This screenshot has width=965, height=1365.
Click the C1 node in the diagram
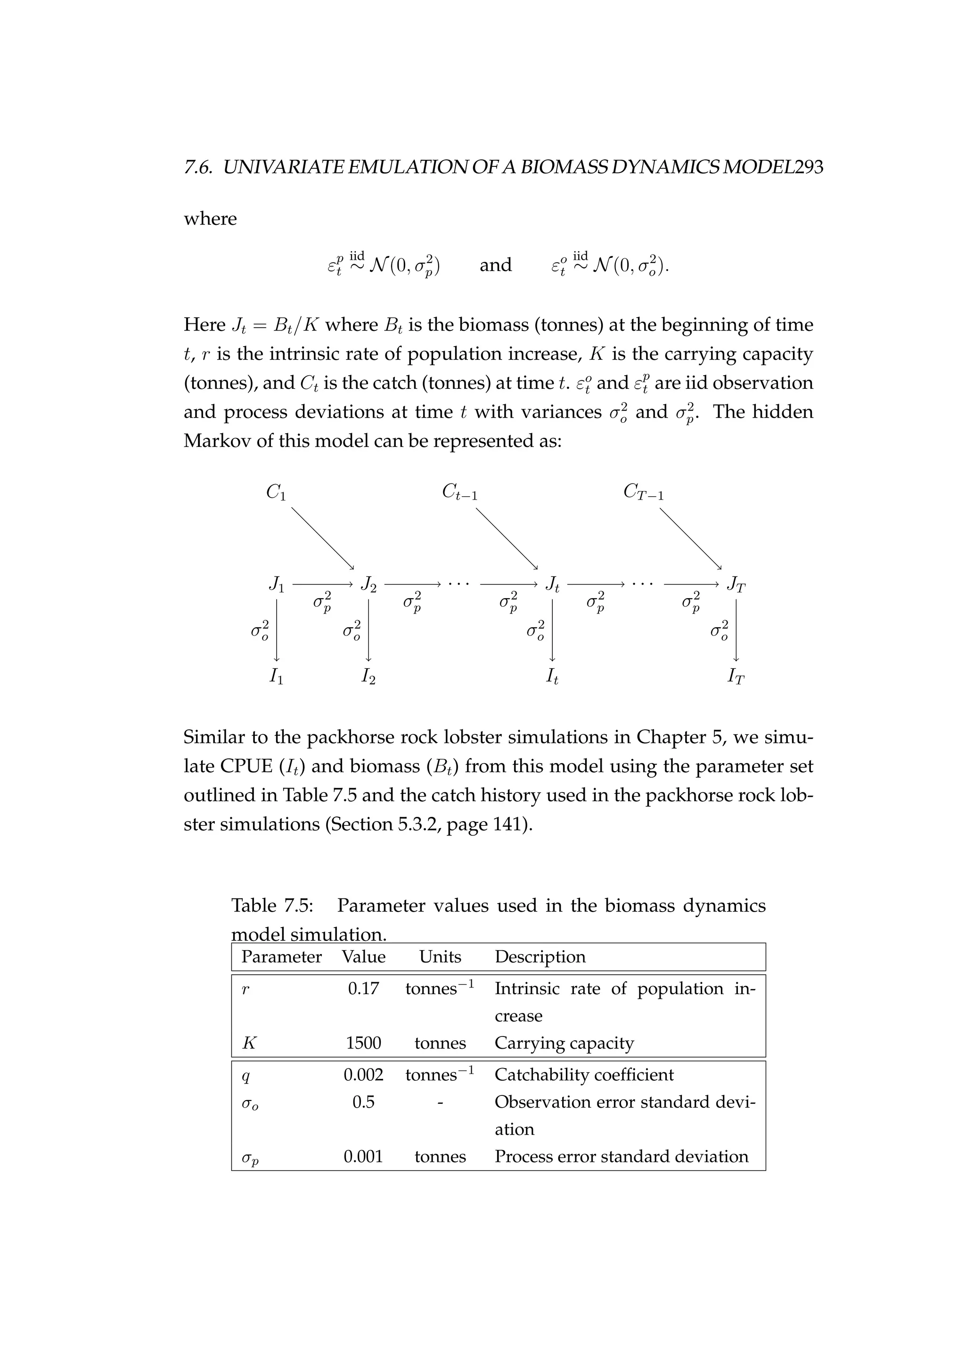point(276,492)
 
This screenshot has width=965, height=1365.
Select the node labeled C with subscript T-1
point(644,492)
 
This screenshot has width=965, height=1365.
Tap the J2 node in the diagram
point(368,584)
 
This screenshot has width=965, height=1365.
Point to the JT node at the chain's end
point(736,585)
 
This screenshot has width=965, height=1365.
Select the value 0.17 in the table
point(363,989)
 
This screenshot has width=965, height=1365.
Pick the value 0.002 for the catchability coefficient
point(363,1075)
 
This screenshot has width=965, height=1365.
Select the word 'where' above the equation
point(210,219)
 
